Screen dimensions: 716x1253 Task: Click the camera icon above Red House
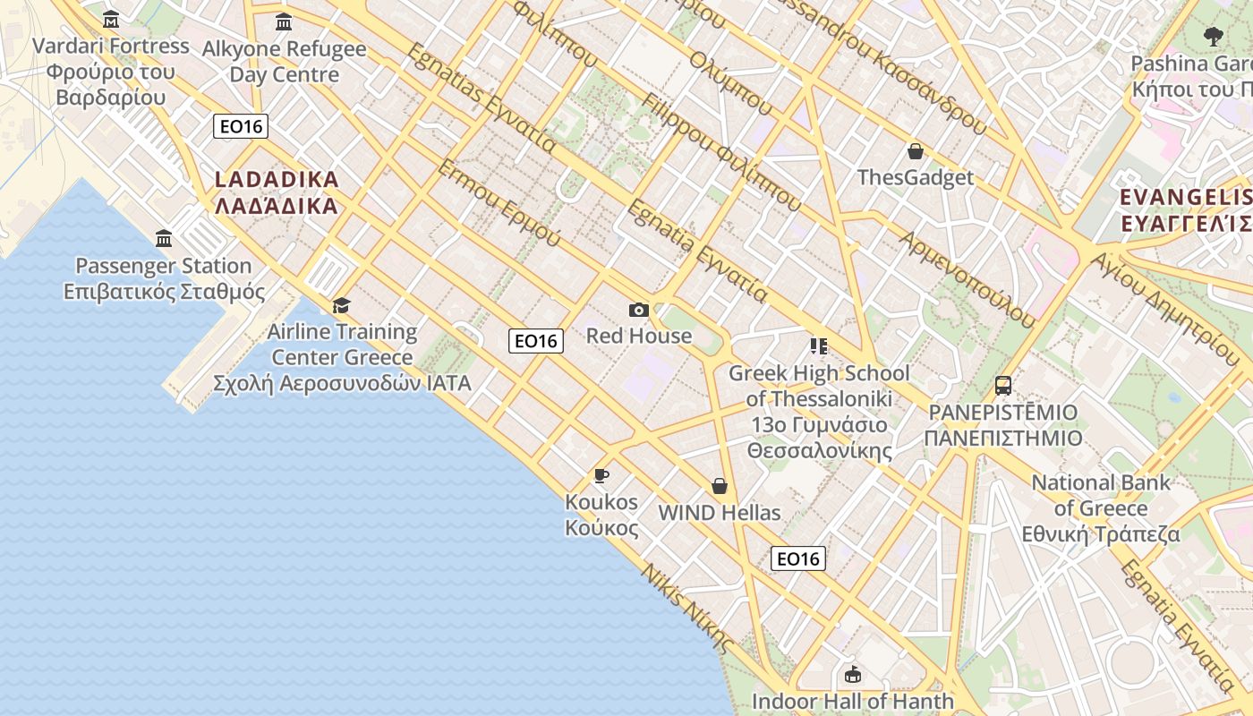coord(638,311)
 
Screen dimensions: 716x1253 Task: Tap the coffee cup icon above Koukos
coord(601,475)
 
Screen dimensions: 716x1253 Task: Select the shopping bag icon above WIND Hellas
coord(720,486)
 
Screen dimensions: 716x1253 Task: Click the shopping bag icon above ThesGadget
coord(915,151)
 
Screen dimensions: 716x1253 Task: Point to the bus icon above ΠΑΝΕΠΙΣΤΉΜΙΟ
coord(1003,386)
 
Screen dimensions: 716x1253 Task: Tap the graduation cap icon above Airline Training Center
coord(341,306)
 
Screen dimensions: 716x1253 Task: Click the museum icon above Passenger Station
coord(164,239)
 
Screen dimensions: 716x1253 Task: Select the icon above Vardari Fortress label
coord(111,19)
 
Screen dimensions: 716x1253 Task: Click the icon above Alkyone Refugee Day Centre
coord(284,21)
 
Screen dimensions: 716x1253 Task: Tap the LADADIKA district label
coord(277,192)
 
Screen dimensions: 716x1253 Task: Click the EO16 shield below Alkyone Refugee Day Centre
coord(242,126)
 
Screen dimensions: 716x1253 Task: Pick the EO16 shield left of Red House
coord(536,340)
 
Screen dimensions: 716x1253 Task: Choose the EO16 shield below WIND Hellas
coord(797,558)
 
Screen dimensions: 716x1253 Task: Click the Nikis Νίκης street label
coord(687,609)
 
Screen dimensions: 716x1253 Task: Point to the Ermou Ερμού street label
coord(499,203)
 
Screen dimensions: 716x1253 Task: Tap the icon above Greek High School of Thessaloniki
coord(818,345)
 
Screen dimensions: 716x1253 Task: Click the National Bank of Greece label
coord(1101,508)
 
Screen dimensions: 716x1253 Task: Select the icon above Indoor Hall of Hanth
coord(853,674)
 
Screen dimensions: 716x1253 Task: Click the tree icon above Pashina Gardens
coord(1214,37)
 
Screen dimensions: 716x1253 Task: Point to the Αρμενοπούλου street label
coord(967,277)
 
